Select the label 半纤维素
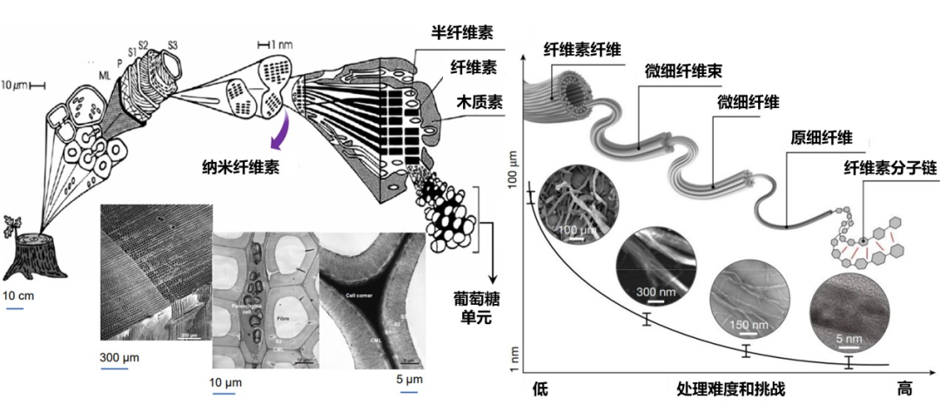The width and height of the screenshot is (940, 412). [x=461, y=33]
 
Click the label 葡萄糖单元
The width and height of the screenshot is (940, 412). [x=473, y=307]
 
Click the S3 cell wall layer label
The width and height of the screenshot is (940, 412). [x=172, y=44]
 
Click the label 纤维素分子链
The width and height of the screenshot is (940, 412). [x=883, y=165]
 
